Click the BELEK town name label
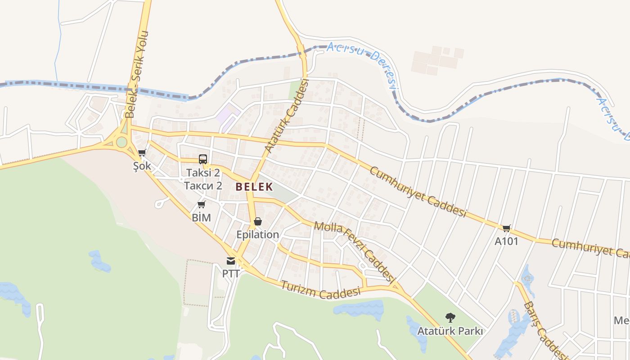tap(254, 186)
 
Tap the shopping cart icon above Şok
tap(142, 153)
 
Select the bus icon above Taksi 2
tap(203, 159)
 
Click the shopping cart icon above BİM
tap(201, 205)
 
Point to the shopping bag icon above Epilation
tap(257, 221)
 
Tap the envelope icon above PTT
tap(231, 261)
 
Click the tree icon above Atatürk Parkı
tap(450, 318)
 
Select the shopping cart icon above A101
tap(506, 228)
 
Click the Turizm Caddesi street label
tap(321, 290)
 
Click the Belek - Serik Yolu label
tap(137, 74)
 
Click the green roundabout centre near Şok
tap(121, 142)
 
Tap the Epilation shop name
tap(258, 234)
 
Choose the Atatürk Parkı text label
tap(450, 331)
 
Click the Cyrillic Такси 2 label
tap(203, 185)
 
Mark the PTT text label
tap(231, 274)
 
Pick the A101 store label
tap(506, 242)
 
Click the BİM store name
tap(201, 218)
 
